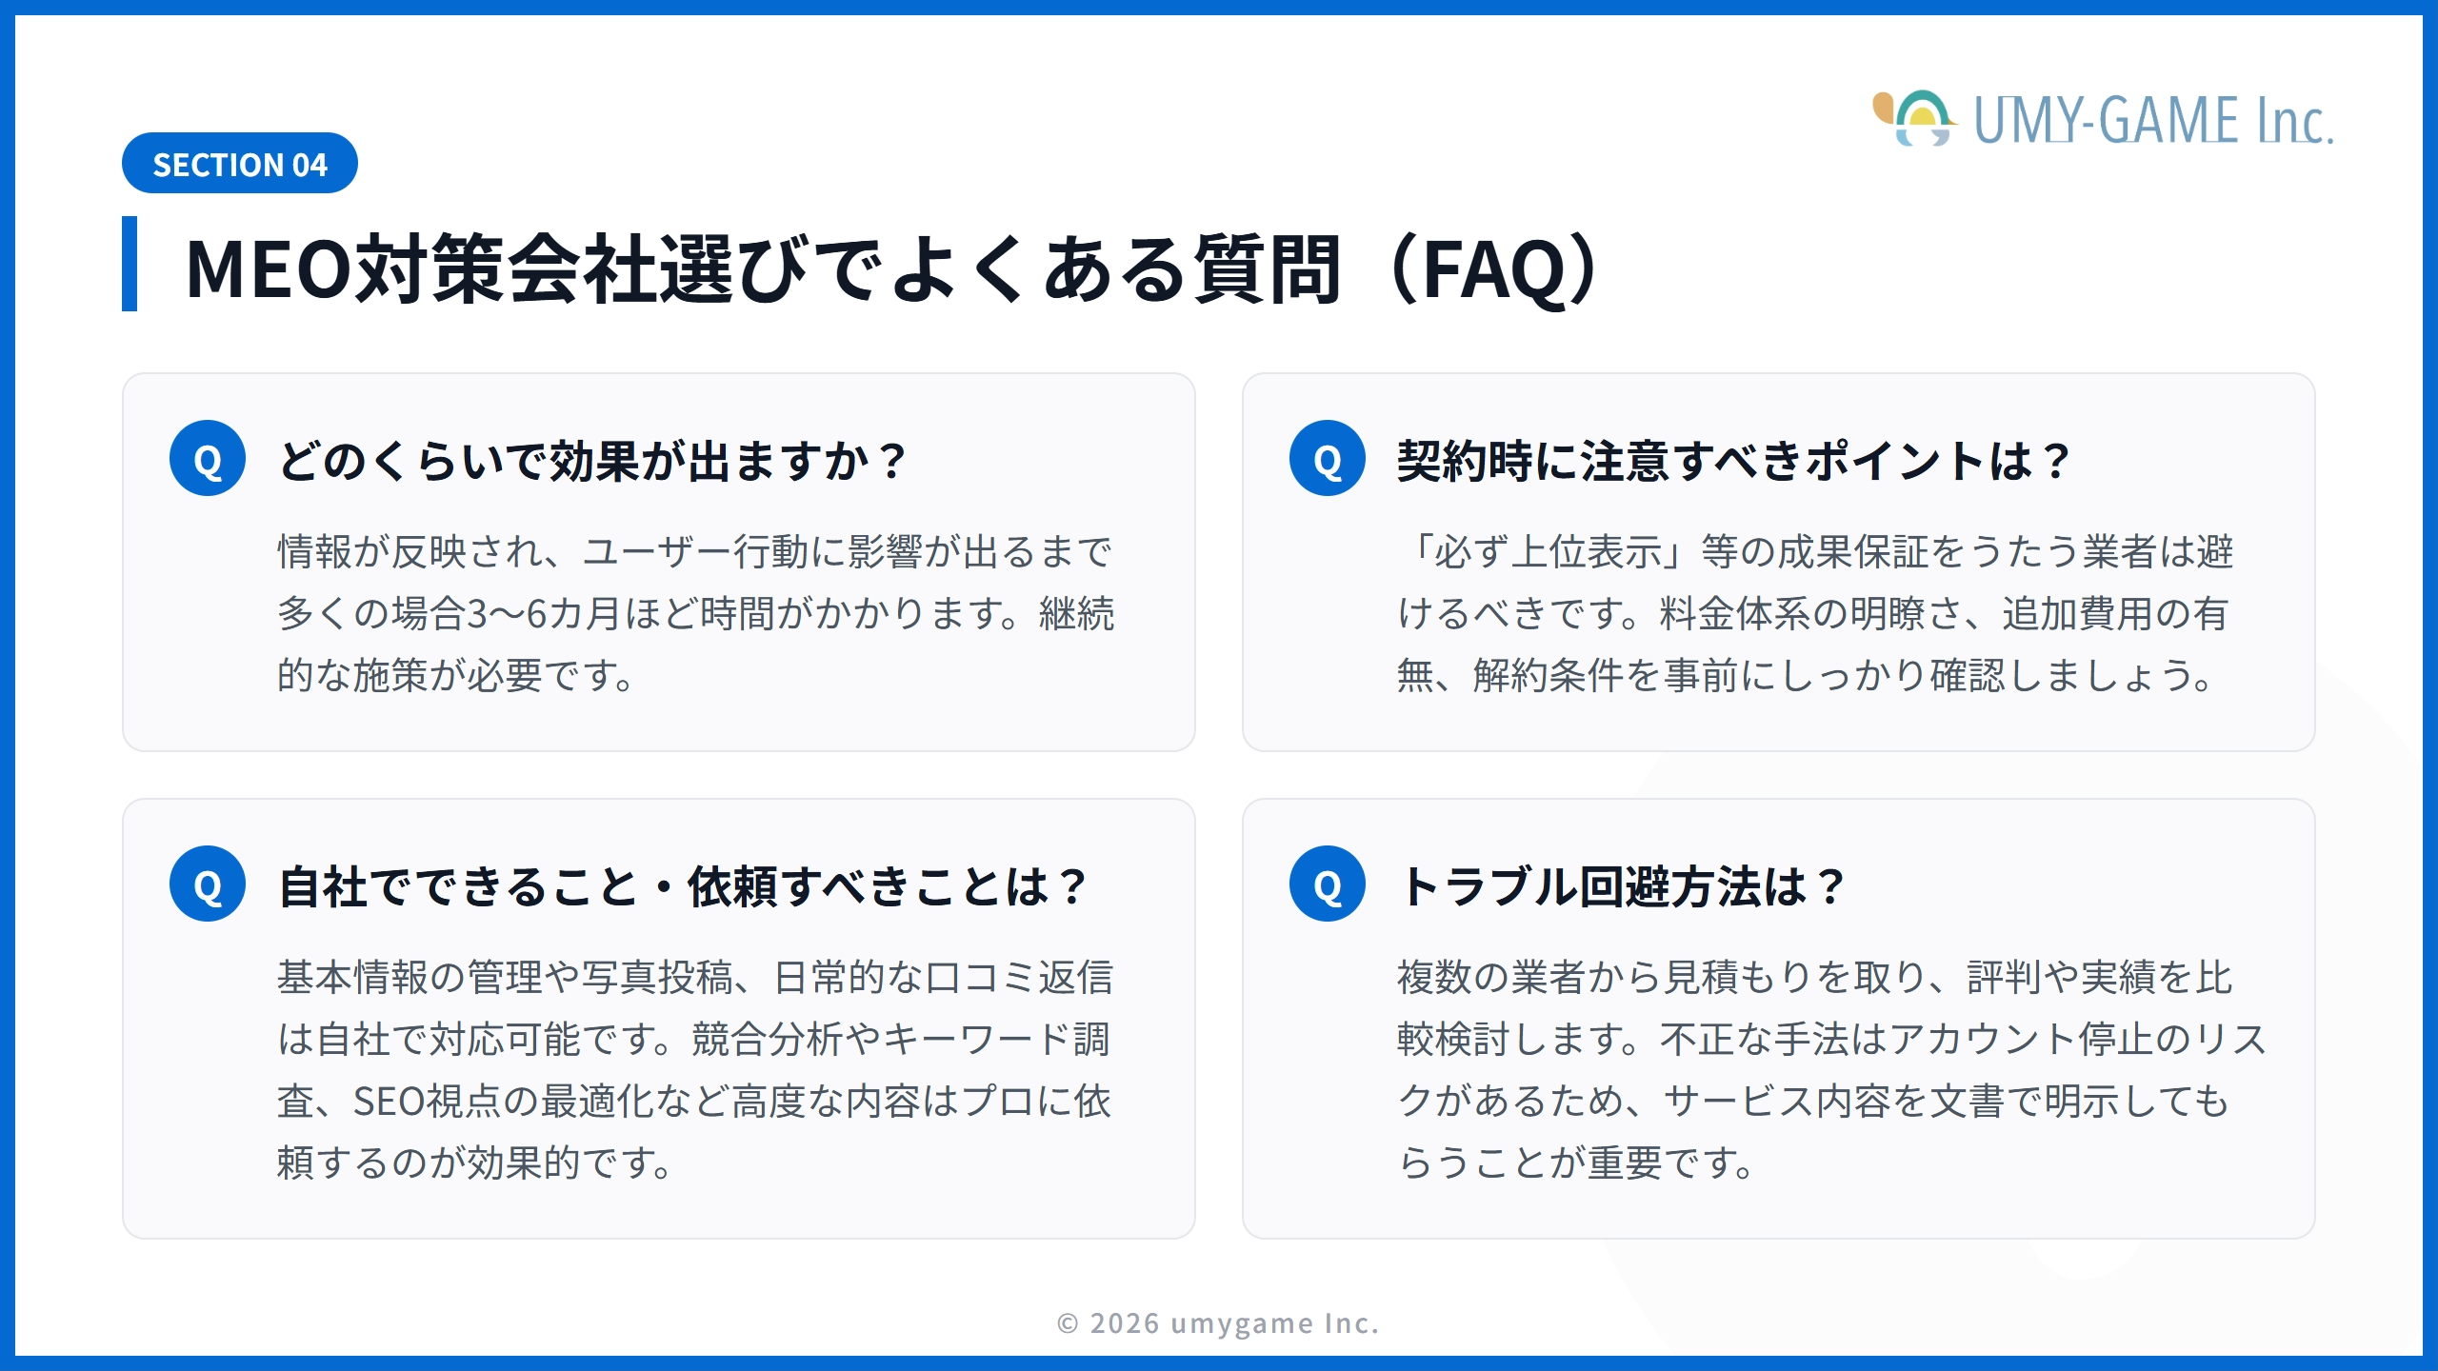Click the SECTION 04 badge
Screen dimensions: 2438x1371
(x=240, y=163)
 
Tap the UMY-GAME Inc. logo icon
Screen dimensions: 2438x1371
(x=1914, y=119)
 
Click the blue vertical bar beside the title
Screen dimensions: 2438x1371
(x=130, y=264)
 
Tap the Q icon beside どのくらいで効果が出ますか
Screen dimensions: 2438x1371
(x=208, y=458)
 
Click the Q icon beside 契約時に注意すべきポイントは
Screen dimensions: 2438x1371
(x=1328, y=458)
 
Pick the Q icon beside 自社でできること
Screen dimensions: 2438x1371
(x=208, y=884)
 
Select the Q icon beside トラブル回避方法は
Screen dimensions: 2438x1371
(x=1328, y=884)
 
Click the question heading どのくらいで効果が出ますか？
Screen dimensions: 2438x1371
(x=591, y=462)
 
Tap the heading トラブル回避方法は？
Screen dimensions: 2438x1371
(x=1622, y=887)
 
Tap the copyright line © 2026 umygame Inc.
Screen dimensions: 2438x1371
(x=1218, y=1323)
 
